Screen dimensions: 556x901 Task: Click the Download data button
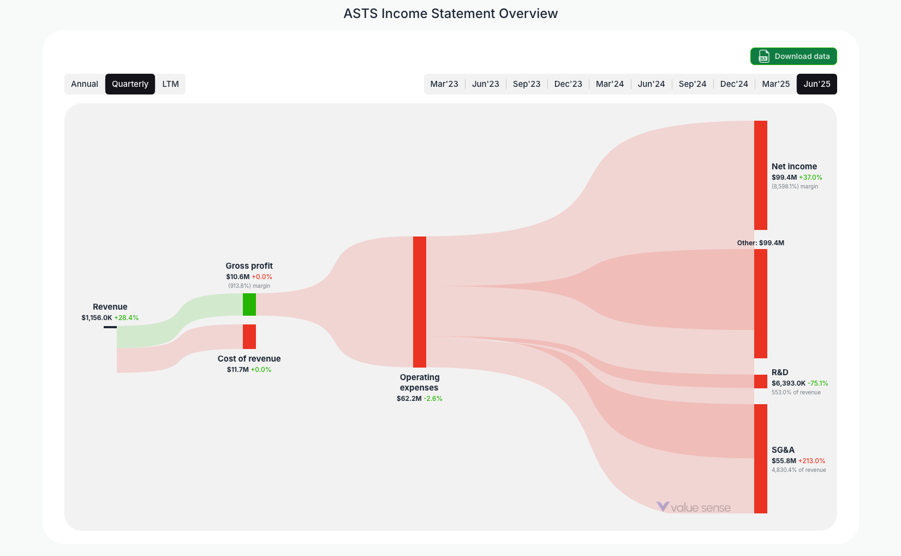pyautogui.click(x=793, y=56)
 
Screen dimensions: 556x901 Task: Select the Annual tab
pyautogui.click(x=85, y=84)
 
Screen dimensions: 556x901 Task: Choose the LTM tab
pyautogui.click(x=170, y=84)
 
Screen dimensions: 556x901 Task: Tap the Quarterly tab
pyautogui.click(x=130, y=84)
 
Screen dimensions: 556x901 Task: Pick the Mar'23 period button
pyautogui.click(x=444, y=84)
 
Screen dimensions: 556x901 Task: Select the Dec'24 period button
pyautogui.click(x=734, y=84)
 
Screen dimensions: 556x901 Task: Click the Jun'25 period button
pyautogui.click(x=816, y=84)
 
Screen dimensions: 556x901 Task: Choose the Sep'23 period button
pyautogui.click(x=527, y=84)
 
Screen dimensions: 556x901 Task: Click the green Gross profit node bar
pyautogui.click(x=249, y=304)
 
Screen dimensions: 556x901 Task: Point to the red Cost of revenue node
pyautogui.click(x=249, y=336)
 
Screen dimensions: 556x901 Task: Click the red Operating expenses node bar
pyautogui.click(x=420, y=301)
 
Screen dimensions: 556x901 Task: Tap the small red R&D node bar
pyautogui.click(x=761, y=381)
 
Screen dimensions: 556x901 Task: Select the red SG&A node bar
pyautogui.click(x=761, y=458)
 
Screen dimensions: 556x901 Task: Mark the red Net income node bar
pyautogui.click(x=761, y=175)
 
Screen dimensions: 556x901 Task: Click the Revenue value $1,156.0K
pyautogui.click(x=97, y=318)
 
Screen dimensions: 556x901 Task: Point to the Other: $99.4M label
pyautogui.click(x=760, y=243)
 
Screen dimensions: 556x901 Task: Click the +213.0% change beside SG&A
pyautogui.click(x=812, y=461)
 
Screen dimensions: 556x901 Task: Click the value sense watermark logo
pyautogui.click(x=693, y=507)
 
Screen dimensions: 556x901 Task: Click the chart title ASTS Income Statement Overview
pyautogui.click(x=450, y=14)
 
